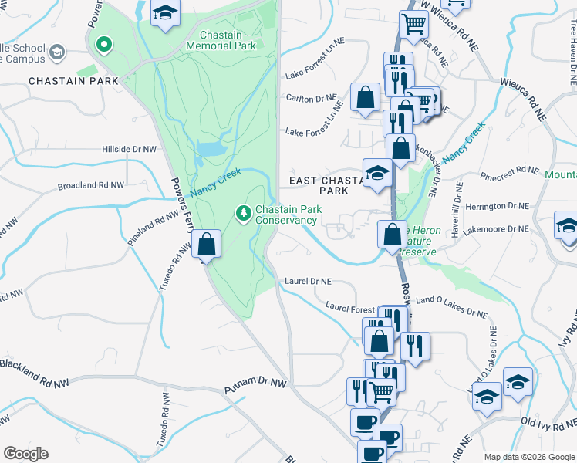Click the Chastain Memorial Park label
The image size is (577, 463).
221,40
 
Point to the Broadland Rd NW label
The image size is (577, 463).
91,186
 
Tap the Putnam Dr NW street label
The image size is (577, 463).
255,383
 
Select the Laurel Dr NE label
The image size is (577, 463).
308,282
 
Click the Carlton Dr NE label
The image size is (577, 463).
312,99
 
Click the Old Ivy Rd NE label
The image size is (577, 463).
548,422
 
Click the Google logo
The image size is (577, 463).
25,454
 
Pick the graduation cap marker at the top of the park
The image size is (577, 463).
164,14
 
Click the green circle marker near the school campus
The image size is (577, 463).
103,44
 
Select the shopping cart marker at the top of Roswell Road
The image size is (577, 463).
413,25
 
